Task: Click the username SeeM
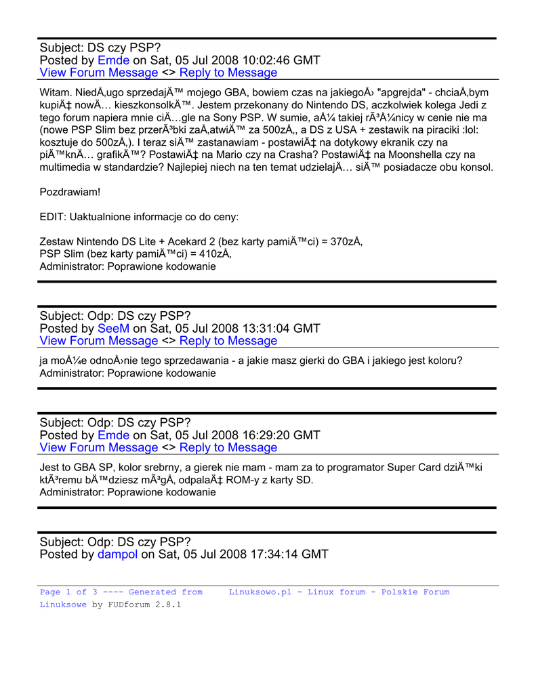coord(113,329)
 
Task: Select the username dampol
coord(117,554)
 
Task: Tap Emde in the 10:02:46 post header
coord(113,60)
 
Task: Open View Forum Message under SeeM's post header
coord(99,341)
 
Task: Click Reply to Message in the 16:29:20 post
coord(228,448)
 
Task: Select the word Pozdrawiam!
coord(70,192)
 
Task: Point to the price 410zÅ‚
coord(213,254)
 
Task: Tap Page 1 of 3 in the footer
coord(68,592)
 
